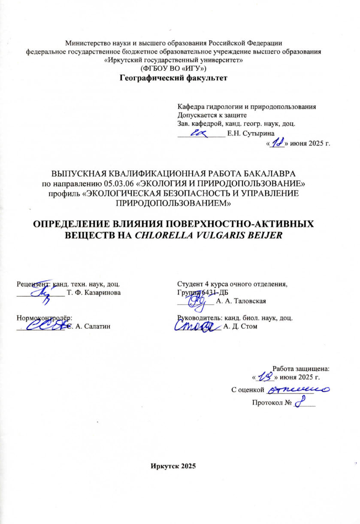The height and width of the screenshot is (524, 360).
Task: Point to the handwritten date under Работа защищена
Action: pos(265,377)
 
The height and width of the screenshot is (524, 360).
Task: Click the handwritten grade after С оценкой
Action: pos(297,389)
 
